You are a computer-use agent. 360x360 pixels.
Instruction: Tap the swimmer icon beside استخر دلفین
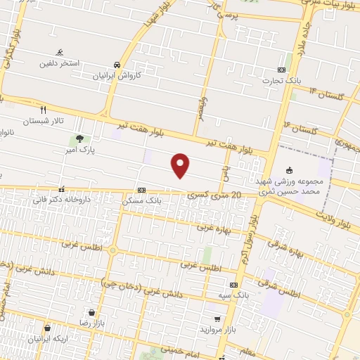pyautogui.click(x=60, y=52)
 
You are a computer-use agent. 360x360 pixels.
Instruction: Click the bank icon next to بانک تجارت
pyautogui.click(x=281, y=70)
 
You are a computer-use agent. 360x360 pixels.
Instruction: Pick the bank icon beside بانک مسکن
pyautogui.click(x=141, y=190)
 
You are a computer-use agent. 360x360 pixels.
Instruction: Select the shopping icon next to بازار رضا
pyautogui.click(x=91, y=312)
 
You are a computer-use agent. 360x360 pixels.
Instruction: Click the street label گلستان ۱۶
pyautogui.click(x=301, y=128)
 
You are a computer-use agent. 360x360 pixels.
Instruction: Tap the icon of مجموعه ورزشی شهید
pyautogui.click(x=289, y=169)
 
